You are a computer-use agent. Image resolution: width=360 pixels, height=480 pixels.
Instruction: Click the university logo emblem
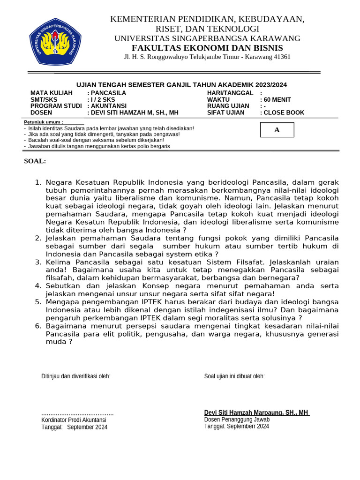[x=55, y=41]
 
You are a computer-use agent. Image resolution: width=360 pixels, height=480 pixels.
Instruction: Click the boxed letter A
[x=277, y=130]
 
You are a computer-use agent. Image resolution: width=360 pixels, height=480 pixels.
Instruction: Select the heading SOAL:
[x=35, y=161]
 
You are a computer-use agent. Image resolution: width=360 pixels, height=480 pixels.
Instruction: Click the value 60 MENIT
[x=277, y=99]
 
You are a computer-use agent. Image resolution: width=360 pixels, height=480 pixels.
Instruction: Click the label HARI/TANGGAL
[x=230, y=93]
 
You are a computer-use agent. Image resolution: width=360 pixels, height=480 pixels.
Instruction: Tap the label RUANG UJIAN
[x=228, y=106]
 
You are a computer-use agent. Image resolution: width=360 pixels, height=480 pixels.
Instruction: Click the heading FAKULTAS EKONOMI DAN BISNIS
[x=207, y=48]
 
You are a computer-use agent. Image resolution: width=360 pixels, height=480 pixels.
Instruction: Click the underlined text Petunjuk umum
[x=43, y=122]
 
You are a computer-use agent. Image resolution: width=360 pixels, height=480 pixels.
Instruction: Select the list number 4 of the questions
[x=38, y=286]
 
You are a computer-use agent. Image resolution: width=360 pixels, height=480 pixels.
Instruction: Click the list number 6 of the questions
[x=38, y=326]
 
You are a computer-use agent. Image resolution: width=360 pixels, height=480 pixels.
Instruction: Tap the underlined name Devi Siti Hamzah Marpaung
[x=256, y=412]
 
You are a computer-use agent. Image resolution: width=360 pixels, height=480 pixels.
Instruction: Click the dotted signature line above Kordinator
[x=77, y=413]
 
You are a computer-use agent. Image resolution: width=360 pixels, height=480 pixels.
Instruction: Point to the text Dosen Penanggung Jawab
[x=237, y=420]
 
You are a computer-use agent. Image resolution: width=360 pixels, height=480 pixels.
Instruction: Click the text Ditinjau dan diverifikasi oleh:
[x=76, y=376]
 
